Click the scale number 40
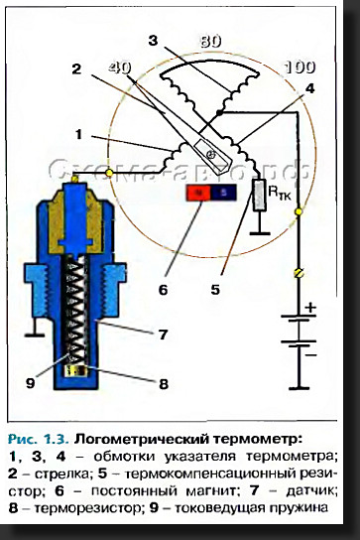(x=120, y=67)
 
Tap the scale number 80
(x=210, y=42)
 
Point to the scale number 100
(x=300, y=67)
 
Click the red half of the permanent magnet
(x=198, y=193)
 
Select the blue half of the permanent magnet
(x=223, y=193)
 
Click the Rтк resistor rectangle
(x=260, y=196)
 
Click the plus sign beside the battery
(x=310, y=307)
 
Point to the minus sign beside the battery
(x=310, y=354)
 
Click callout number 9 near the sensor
(x=31, y=382)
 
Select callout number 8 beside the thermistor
(x=164, y=383)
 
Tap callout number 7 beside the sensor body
(x=163, y=335)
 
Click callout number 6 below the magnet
(x=163, y=290)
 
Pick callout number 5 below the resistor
(x=215, y=290)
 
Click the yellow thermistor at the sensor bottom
(x=76, y=370)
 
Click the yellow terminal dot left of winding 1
(x=109, y=173)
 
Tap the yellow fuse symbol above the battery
(x=299, y=273)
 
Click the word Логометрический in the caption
(x=142, y=440)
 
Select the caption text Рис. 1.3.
(x=39, y=440)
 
